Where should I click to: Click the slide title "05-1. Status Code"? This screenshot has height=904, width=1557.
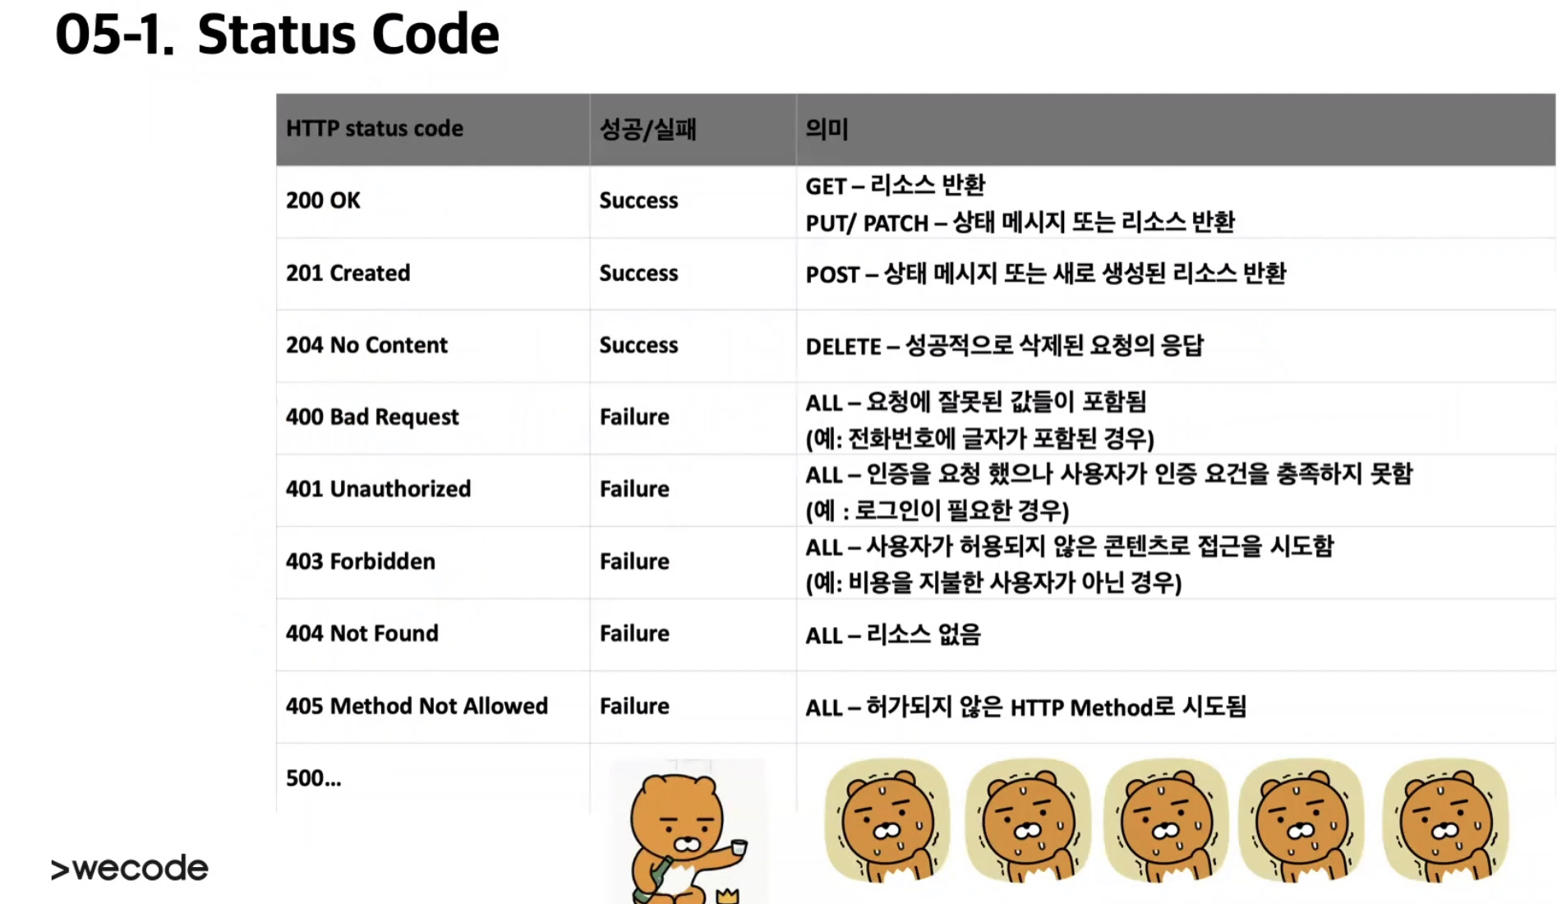(277, 35)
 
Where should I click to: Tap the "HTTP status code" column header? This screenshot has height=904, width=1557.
(375, 129)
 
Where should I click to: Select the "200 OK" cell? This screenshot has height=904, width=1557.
(323, 201)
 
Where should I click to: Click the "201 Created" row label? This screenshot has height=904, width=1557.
(348, 273)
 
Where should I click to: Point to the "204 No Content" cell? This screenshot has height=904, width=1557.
(366, 345)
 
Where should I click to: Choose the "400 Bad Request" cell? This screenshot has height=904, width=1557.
(372, 417)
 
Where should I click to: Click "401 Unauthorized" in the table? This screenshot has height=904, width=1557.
(378, 489)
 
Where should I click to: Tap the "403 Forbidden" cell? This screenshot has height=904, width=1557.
(361, 561)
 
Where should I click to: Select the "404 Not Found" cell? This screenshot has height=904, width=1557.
(362, 634)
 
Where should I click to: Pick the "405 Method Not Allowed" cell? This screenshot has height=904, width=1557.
(417, 706)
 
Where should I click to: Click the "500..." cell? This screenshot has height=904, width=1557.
(313, 778)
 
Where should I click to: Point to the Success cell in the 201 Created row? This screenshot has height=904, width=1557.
(638, 273)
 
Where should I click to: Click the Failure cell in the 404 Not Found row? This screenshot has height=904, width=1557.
(634, 634)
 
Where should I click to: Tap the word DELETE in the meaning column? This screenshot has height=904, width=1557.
(843, 347)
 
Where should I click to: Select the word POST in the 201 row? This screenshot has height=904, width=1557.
(831, 274)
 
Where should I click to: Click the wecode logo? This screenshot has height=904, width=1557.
(130, 868)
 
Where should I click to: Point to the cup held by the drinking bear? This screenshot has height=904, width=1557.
(738, 847)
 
